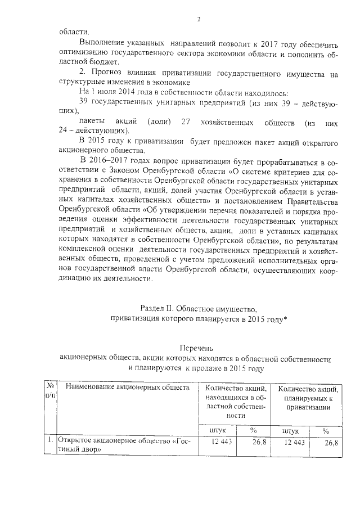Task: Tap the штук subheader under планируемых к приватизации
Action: [291, 430]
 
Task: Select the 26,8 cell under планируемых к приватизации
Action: [331, 443]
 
